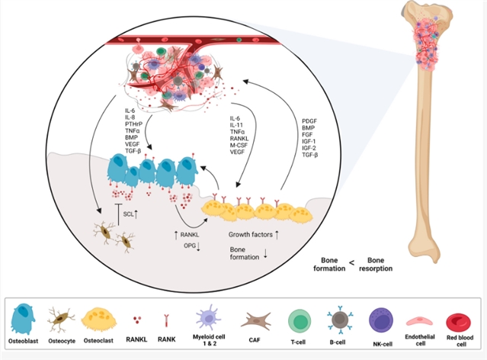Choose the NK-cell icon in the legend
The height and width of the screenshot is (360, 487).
pyautogui.click(x=380, y=318)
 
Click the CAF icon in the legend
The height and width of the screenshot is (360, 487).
pyautogui.click(x=256, y=319)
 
